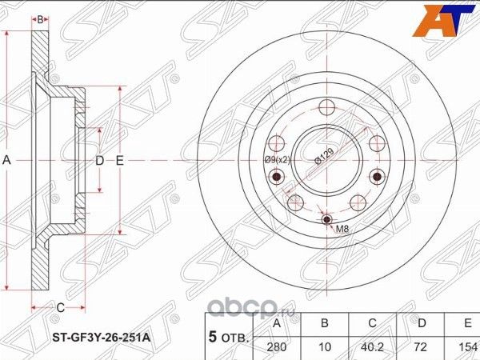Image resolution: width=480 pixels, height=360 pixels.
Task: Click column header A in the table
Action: [x=277, y=324]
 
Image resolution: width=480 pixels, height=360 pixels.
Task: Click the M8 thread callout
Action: [x=342, y=230]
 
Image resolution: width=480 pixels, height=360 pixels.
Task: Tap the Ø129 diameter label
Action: [x=324, y=157]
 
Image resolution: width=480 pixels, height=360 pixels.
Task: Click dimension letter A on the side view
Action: [x=6, y=161]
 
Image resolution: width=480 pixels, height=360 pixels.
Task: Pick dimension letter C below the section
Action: [x=59, y=306]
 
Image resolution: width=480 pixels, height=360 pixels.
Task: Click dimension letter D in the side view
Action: [x=99, y=161]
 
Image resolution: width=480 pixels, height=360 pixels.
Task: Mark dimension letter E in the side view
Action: [x=119, y=161]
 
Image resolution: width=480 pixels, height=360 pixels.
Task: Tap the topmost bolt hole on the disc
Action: [x=326, y=109]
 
